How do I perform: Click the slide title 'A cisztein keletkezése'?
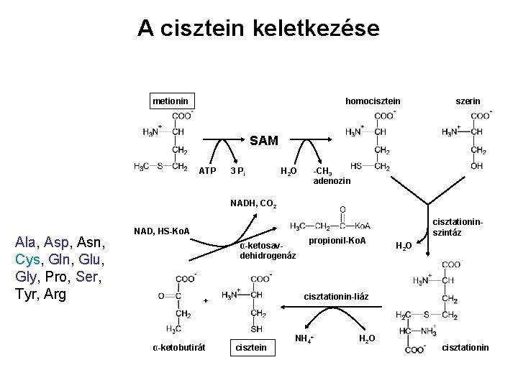point(258,28)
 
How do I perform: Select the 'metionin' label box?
point(168,101)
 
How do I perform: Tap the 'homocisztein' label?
point(373,101)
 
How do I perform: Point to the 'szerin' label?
point(468,101)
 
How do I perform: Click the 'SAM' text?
point(264,142)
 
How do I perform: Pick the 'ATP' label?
point(207,171)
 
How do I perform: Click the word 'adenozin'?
point(332,181)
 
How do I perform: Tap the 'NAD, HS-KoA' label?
point(162,231)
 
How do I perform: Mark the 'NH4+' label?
point(305,338)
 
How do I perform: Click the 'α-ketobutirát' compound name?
point(179,348)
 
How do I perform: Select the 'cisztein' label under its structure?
point(251,348)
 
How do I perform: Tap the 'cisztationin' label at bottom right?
point(465,348)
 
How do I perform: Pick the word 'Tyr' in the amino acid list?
point(26,293)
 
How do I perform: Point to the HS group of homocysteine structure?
point(356,167)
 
